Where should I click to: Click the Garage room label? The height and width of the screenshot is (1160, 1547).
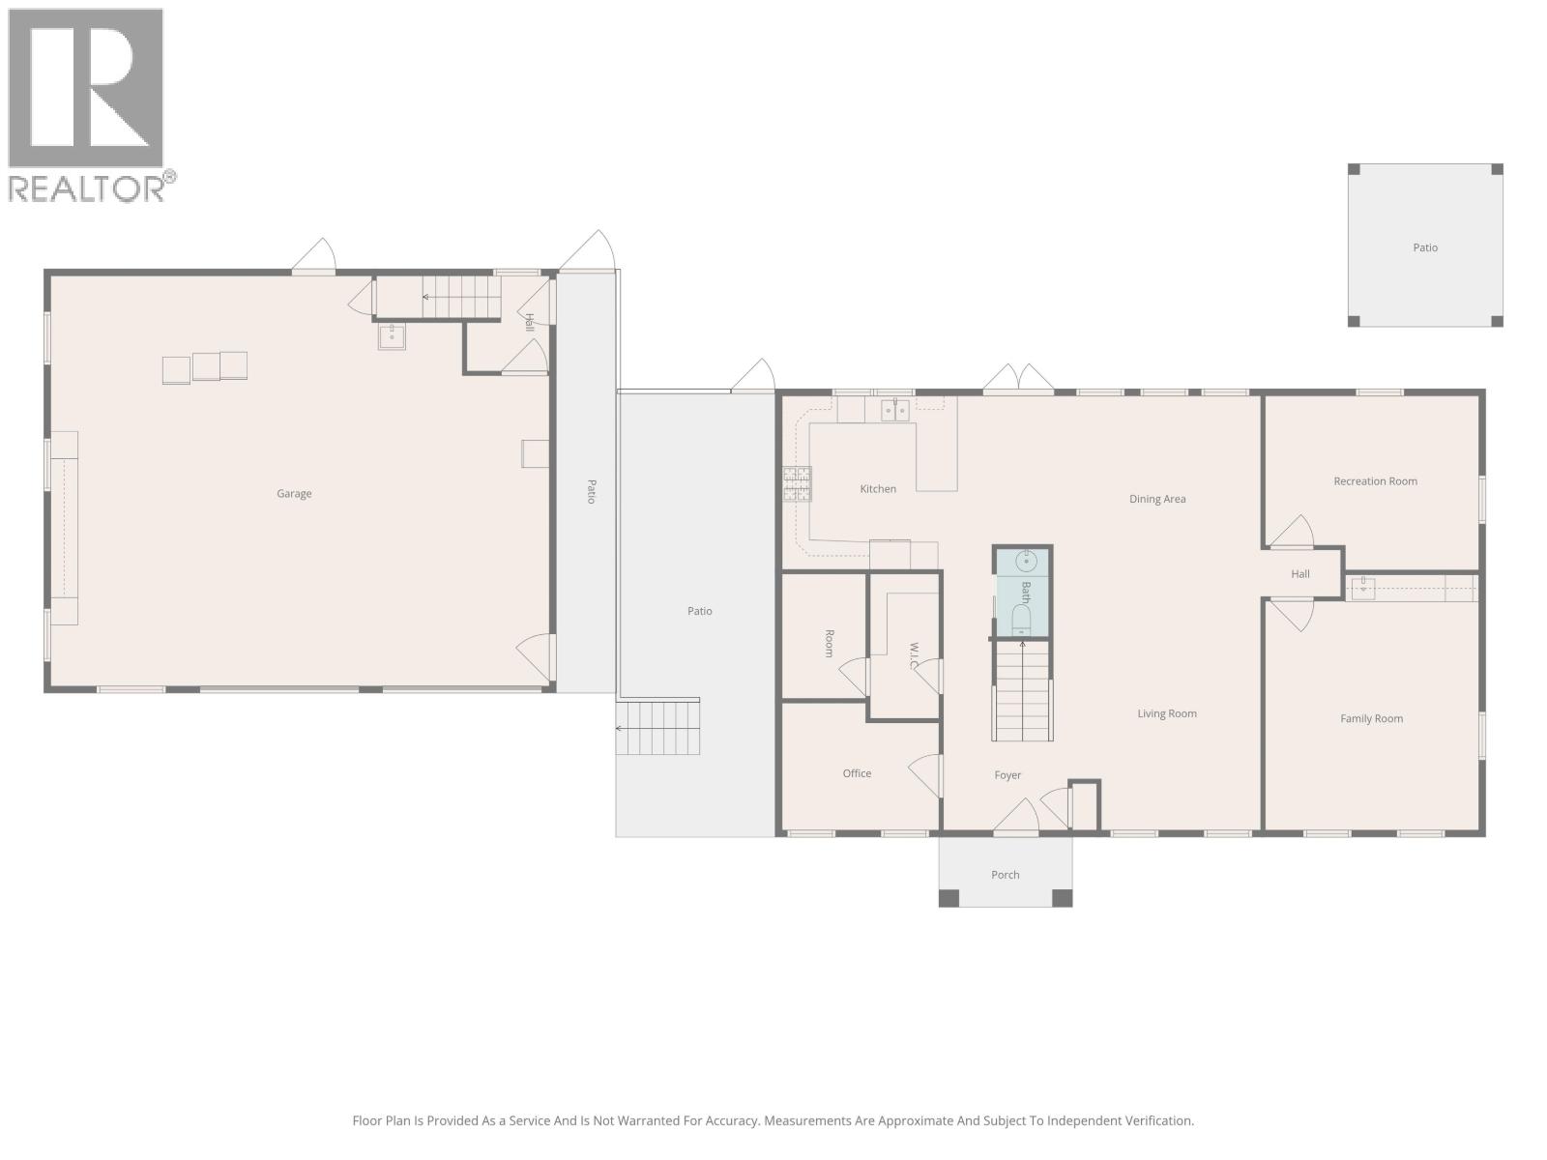(294, 494)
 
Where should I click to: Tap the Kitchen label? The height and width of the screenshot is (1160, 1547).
(878, 489)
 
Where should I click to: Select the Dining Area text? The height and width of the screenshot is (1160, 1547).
(1157, 500)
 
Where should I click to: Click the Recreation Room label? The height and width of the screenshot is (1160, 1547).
(1375, 481)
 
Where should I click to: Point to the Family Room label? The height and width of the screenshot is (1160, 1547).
(1371, 719)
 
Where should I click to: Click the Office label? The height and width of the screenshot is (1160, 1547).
(857, 773)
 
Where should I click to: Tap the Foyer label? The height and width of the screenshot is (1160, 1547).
(1007, 775)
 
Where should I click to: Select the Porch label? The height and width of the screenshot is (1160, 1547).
(1005, 875)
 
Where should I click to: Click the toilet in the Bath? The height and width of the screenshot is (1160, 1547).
(1022, 621)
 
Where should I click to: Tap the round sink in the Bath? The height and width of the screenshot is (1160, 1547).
(1026, 561)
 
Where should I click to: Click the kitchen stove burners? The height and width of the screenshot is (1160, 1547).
(797, 483)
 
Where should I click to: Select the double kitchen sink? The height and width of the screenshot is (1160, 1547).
(894, 411)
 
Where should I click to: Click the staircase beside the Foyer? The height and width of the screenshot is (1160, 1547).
(1022, 691)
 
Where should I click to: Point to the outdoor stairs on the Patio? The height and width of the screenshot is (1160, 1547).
(658, 729)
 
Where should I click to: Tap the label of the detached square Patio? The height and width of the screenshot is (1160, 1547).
(1425, 248)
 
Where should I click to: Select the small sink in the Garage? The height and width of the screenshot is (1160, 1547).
(392, 336)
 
